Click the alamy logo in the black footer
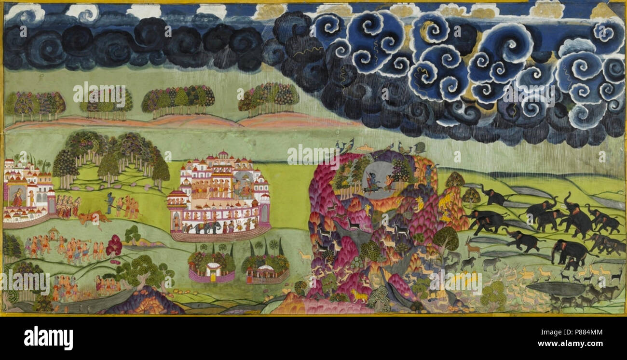[48, 338]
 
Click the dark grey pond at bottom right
[555, 289]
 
